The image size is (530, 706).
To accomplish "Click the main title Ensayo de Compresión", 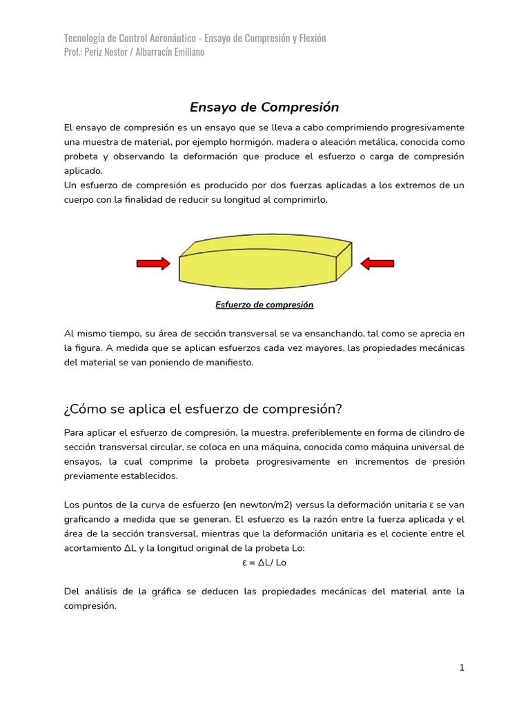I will (x=264, y=108).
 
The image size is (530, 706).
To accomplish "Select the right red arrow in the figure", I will (x=377, y=263).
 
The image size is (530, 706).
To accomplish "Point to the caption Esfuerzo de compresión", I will (x=264, y=305).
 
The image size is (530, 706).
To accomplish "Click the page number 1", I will (x=462, y=667).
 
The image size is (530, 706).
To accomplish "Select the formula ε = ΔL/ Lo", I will (x=264, y=563).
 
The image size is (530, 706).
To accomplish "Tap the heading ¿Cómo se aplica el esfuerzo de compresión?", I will (x=203, y=408).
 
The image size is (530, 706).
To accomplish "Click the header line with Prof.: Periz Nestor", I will (x=134, y=52).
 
